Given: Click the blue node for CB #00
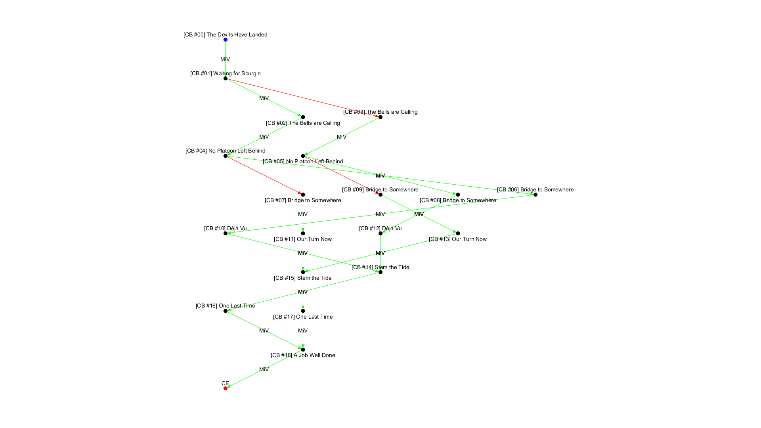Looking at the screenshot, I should (226, 40).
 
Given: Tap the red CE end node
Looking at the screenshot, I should (226, 388).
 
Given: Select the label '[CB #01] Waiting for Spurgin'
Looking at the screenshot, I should (225, 73).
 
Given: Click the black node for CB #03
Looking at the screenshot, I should (380, 117).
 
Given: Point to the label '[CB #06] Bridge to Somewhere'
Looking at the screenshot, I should (535, 189).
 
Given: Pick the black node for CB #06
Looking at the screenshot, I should (535, 195).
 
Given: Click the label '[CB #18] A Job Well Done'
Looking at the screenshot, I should (303, 355).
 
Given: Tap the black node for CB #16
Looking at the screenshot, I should (226, 311).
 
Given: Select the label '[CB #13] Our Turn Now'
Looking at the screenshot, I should (458, 239).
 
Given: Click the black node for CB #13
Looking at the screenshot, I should (458, 233).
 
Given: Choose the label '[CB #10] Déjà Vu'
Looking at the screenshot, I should (225, 228).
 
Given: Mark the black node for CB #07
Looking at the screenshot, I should (303, 195).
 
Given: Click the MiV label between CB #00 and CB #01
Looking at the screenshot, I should (225, 59).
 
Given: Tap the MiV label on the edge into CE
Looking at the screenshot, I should (264, 369).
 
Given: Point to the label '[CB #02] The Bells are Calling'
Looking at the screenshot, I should (303, 123).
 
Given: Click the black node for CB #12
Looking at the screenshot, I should (380, 233).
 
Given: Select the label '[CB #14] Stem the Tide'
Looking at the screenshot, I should (380, 267).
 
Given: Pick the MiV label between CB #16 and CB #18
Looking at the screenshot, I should (264, 331).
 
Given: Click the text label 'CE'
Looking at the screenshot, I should (225, 383).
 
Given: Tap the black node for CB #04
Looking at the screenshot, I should (226, 156).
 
